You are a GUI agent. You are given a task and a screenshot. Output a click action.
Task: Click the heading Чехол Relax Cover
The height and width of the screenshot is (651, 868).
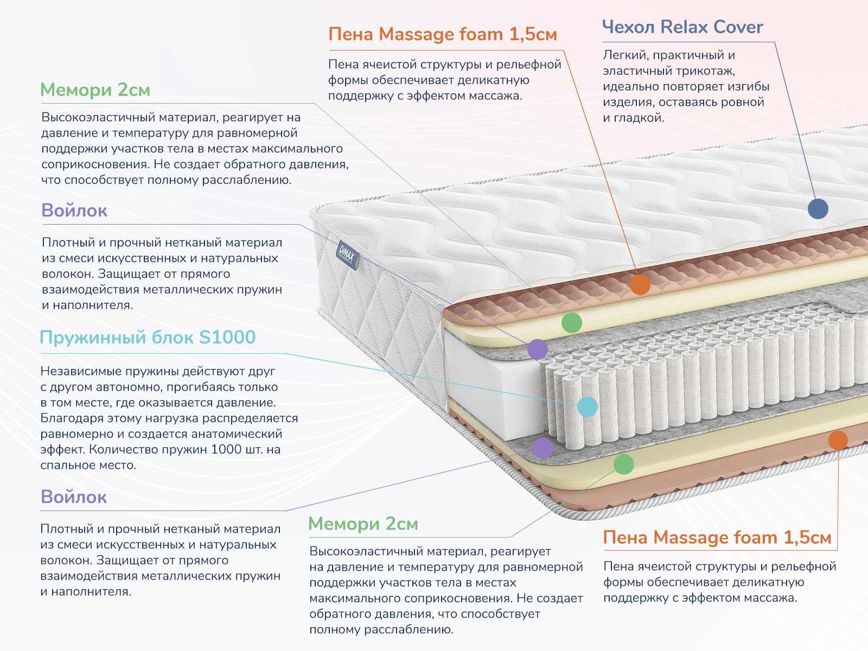(682, 27)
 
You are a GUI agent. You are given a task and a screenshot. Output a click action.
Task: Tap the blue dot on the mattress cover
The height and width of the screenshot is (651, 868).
(818, 208)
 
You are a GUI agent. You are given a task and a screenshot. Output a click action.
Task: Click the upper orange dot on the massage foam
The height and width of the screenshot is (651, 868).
(640, 284)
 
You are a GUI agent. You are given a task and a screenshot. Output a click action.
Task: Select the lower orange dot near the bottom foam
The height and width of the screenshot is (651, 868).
(838, 440)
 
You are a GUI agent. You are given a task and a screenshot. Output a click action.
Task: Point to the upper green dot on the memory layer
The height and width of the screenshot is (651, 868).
(571, 322)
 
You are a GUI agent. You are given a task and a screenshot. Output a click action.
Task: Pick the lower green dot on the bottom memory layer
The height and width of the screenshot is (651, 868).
(623, 464)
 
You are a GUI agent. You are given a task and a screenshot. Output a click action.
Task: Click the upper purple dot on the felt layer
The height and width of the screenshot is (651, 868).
(538, 349)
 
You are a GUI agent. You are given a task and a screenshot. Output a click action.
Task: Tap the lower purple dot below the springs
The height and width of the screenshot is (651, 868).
(542, 448)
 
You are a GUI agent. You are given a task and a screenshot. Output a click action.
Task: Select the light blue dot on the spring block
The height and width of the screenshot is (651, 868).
(588, 406)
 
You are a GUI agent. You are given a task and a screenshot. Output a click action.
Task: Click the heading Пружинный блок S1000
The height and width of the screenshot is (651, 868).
(148, 337)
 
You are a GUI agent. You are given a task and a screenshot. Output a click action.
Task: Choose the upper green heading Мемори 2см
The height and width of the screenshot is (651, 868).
(95, 90)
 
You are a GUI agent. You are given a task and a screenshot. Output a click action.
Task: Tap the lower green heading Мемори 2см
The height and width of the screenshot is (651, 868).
(363, 524)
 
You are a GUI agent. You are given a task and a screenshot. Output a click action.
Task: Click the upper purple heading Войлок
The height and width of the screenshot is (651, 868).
(74, 210)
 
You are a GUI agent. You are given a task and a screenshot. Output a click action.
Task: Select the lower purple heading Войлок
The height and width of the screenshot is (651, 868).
(74, 497)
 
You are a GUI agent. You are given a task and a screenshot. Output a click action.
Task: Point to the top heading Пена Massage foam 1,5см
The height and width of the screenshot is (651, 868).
(443, 35)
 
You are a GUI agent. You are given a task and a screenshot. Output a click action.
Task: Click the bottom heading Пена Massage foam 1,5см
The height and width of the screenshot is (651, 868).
(717, 538)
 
